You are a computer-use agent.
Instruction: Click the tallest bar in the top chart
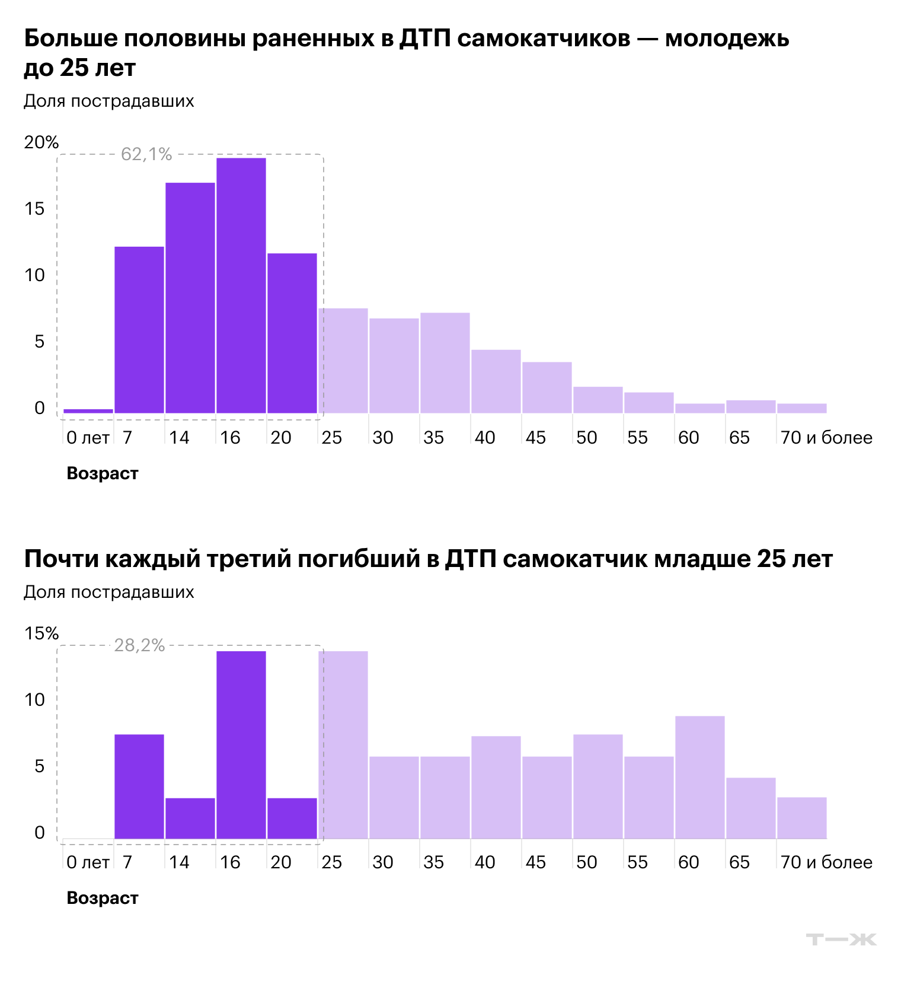tap(241, 285)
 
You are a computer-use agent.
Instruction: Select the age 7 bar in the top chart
tap(139, 330)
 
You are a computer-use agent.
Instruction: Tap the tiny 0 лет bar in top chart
tap(88, 411)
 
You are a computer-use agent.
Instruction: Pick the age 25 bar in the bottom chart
tap(343, 745)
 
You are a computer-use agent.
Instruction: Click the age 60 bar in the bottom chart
tap(700, 778)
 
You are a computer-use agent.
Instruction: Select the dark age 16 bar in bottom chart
tap(241, 745)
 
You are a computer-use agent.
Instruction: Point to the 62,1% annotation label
tap(146, 154)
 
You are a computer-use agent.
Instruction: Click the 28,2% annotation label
tap(139, 645)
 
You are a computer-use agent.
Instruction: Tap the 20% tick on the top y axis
tap(41, 142)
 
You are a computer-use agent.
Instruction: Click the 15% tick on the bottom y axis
tap(41, 633)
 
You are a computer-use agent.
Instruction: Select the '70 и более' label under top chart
tap(826, 438)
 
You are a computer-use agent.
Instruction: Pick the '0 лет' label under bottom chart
tap(88, 862)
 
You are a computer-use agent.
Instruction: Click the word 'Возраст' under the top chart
tap(103, 473)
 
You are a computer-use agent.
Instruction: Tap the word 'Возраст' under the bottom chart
tap(103, 898)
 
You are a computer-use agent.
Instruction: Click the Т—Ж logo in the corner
tap(841, 939)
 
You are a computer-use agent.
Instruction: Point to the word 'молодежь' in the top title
tap(727, 39)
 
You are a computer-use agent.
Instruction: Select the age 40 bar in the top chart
tap(496, 381)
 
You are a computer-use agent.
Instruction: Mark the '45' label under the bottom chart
tap(536, 862)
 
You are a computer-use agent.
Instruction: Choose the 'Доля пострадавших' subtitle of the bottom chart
tap(109, 592)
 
